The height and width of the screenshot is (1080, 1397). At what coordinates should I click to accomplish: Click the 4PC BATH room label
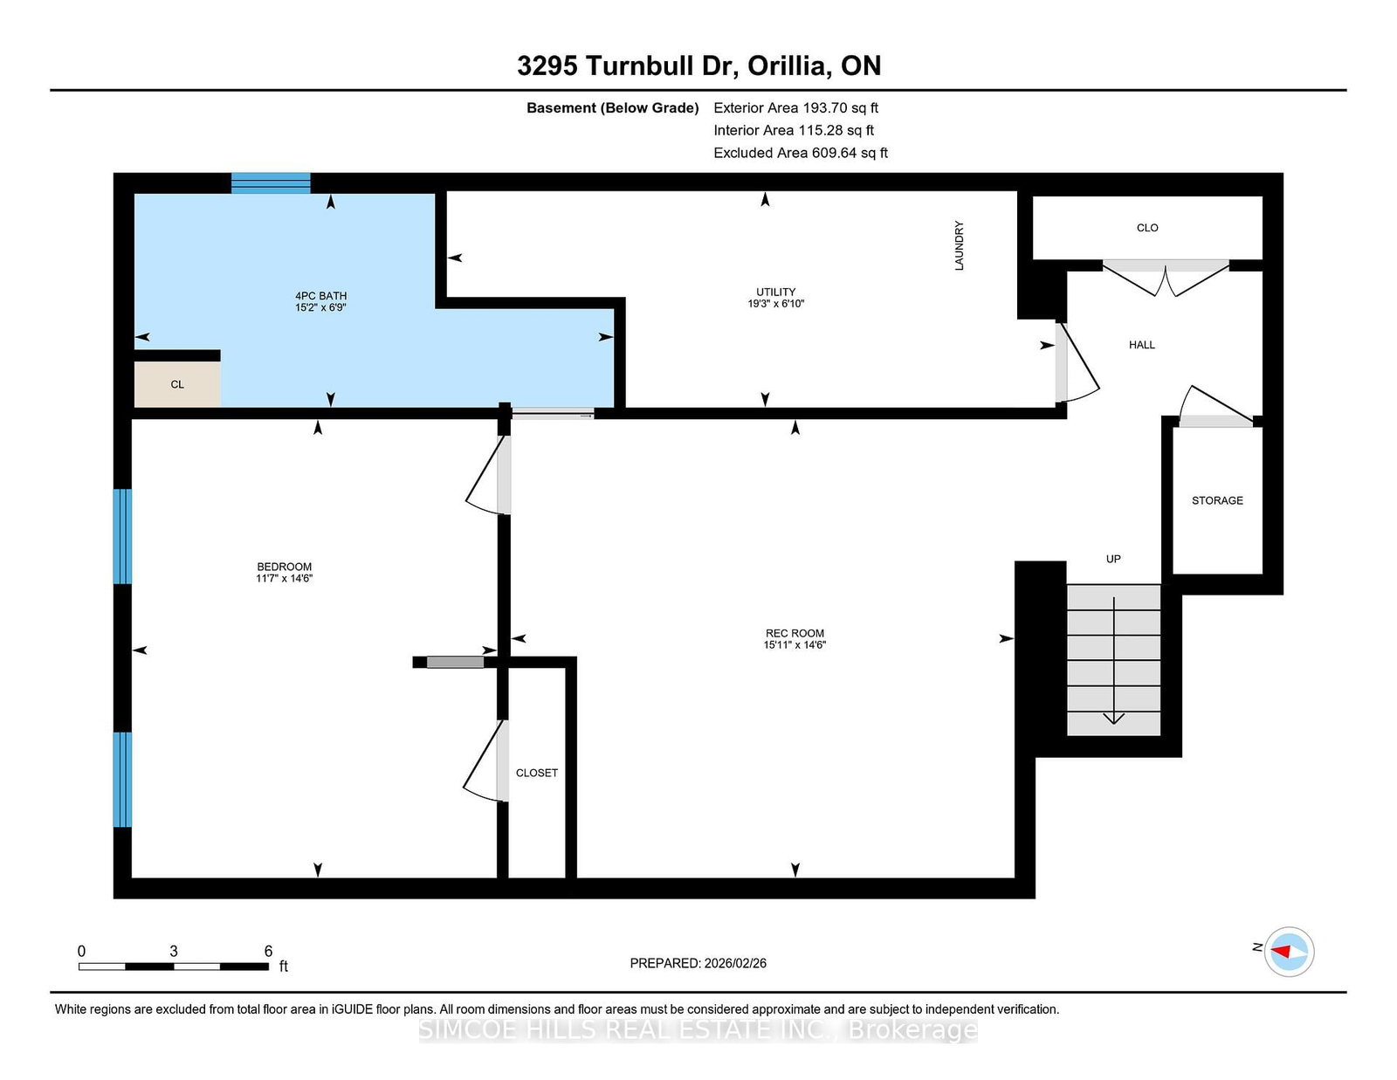pyautogui.click(x=320, y=296)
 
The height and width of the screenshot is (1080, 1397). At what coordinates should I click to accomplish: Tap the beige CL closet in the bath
pyautogui.click(x=177, y=384)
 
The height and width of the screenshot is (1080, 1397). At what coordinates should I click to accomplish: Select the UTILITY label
pyautogui.click(x=775, y=292)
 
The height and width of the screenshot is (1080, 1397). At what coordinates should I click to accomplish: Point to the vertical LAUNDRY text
pyautogui.click(x=959, y=245)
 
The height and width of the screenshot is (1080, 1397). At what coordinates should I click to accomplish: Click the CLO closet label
pyautogui.click(x=1147, y=228)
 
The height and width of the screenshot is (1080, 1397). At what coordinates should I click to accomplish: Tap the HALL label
pyautogui.click(x=1141, y=345)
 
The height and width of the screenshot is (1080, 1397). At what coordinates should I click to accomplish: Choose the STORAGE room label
pyautogui.click(x=1217, y=500)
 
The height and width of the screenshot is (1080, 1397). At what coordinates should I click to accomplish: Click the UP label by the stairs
pyautogui.click(x=1113, y=559)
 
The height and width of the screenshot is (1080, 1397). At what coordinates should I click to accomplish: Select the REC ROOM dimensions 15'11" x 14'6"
pyautogui.click(x=795, y=645)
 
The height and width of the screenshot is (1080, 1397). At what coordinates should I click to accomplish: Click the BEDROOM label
pyautogui.click(x=284, y=567)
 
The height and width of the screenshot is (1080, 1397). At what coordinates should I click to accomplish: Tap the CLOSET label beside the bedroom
pyautogui.click(x=536, y=773)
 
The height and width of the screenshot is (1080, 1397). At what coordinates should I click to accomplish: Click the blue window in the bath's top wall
pyautogui.click(x=271, y=182)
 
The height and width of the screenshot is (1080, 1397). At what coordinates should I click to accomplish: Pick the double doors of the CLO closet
pyautogui.click(x=1166, y=278)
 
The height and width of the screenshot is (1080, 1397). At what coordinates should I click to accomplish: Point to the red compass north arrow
pyautogui.click(x=1283, y=951)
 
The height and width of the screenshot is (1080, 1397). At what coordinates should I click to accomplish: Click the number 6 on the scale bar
pyautogui.click(x=268, y=951)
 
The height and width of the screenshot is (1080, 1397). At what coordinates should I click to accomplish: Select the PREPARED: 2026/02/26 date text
pyautogui.click(x=698, y=963)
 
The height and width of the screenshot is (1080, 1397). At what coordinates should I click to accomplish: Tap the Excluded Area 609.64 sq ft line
pyautogui.click(x=800, y=153)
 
